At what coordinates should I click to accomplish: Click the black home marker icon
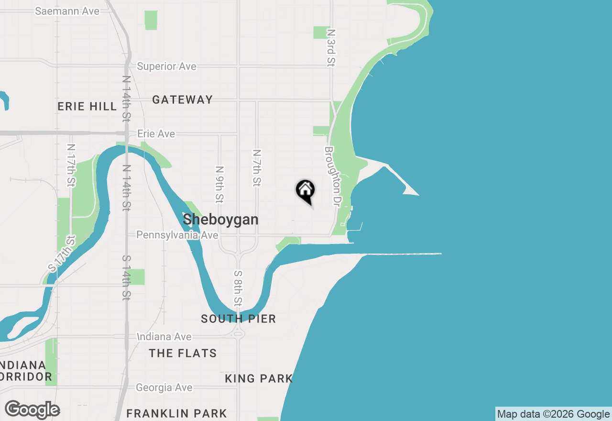pyautogui.click(x=305, y=190)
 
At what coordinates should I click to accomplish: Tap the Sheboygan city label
pyautogui.click(x=220, y=220)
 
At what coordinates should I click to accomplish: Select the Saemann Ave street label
pyautogui.click(x=67, y=11)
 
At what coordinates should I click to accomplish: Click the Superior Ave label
pyautogui.click(x=166, y=66)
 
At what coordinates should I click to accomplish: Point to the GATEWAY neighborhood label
pyautogui.click(x=182, y=100)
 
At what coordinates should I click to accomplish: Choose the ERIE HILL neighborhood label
pyautogui.click(x=87, y=106)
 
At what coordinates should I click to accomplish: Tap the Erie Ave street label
pyautogui.click(x=156, y=134)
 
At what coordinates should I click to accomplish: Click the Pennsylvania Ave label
pyautogui.click(x=177, y=235)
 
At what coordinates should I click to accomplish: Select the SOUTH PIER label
pyautogui.click(x=238, y=319)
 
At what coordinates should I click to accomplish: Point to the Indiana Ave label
pyautogui.click(x=164, y=337)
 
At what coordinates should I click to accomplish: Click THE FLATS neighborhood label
pyautogui.click(x=183, y=354)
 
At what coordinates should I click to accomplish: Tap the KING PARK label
pyautogui.click(x=259, y=379)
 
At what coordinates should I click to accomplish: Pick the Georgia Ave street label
pyautogui.click(x=164, y=388)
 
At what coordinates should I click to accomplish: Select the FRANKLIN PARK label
pyautogui.click(x=176, y=413)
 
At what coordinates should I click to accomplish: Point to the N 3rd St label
pyautogui.click(x=331, y=47)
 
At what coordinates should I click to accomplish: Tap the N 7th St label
pyautogui.click(x=257, y=167)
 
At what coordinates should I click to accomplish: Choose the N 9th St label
pyautogui.click(x=219, y=184)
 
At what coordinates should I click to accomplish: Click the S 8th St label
pyautogui.click(x=238, y=288)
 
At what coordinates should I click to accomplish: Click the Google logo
pyautogui.click(x=32, y=410)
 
